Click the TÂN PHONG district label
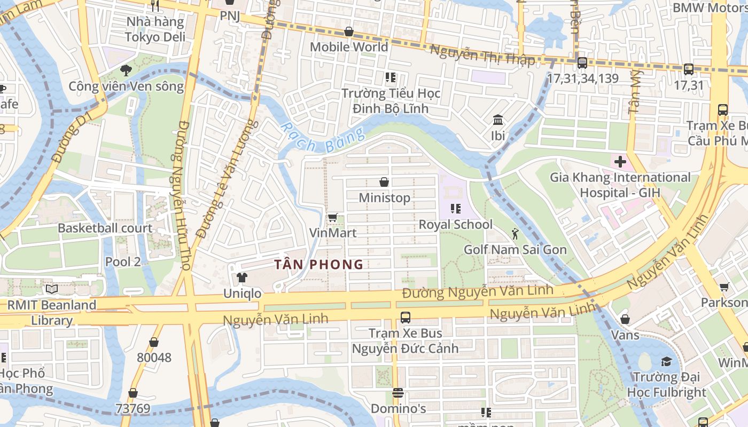(318, 264)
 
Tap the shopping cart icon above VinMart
(332, 217)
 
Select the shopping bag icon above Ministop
(384, 182)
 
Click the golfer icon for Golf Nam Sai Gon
(515, 234)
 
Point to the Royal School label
(455, 224)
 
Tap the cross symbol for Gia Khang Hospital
(620, 161)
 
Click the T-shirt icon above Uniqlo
(242, 278)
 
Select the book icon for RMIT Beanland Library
(52, 289)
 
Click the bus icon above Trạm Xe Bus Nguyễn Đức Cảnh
(405, 318)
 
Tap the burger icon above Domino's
(398, 393)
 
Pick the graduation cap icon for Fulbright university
(666, 361)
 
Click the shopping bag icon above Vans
(625, 319)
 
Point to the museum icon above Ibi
(498, 120)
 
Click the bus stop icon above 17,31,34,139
(582, 62)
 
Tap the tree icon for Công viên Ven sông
(126, 70)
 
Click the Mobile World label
(349, 47)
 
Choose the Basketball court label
(105, 228)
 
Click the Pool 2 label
(123, 262)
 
